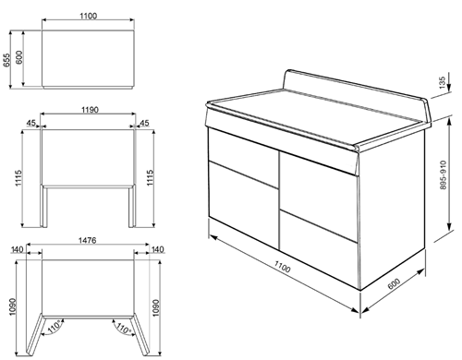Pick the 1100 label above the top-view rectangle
click(x=88, y=18)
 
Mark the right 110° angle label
click(x=121, y=328)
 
